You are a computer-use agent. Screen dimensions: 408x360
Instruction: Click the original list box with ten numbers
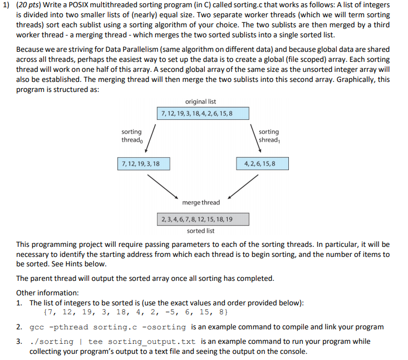point(195,114)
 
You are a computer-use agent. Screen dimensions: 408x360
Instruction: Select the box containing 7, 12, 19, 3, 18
point(143,163)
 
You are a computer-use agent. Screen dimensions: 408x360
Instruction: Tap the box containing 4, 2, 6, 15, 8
point(262,163)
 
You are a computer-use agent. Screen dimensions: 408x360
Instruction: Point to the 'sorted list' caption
point(200,231)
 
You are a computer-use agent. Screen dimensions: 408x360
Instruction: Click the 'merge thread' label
point(201,202)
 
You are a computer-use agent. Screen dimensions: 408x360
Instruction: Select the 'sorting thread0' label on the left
point(131,136)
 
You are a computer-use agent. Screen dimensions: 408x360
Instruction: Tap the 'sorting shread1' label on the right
point(269,136)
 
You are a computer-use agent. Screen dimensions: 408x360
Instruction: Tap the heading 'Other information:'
point(47,292)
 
